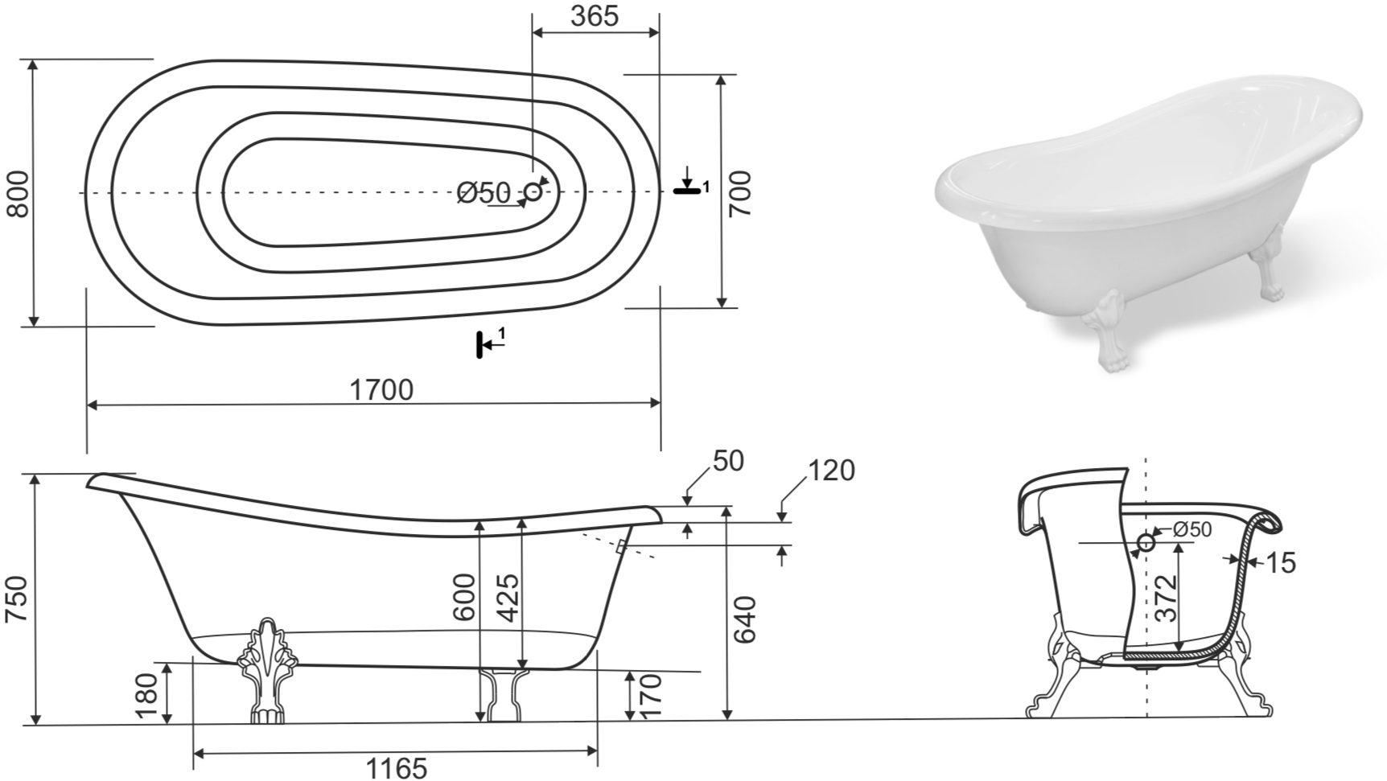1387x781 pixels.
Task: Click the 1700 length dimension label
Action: [381, 390]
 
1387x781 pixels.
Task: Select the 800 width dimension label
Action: [18, 193]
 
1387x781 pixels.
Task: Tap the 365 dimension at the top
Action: [595, 15]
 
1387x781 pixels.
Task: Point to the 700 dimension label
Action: [739, 193]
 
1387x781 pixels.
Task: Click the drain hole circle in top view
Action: [533, 191]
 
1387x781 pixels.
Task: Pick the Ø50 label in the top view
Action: [484, 193]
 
